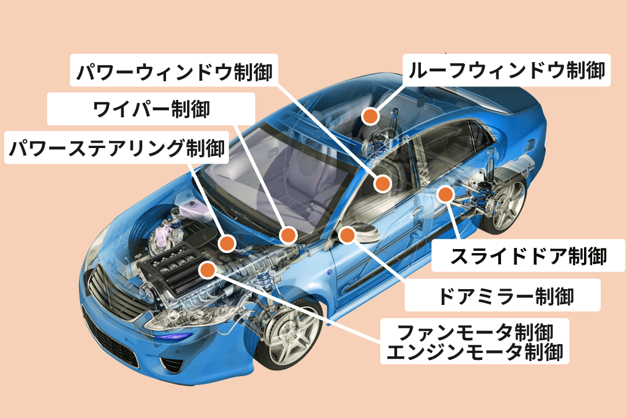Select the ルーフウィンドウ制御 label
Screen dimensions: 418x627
pos(506,71)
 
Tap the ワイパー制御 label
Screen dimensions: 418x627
pos(152,109)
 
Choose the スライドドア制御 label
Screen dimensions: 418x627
pos(529,255)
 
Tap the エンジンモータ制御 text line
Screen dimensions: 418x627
pos(474,352)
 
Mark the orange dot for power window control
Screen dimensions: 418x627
pos(382,183)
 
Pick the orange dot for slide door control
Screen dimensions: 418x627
pos(445,194)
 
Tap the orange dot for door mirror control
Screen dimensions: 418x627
pos(347,235)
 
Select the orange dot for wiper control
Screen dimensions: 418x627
pos(288,235)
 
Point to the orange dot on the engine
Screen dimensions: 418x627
pos(207,268)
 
